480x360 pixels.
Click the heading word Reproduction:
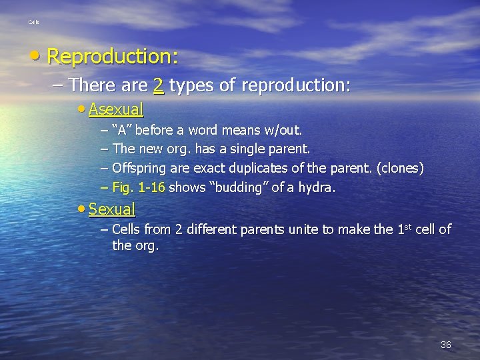point(113,57)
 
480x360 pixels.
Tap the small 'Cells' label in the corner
point(33,23)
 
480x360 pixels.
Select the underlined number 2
point(159,85)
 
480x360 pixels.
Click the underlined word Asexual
point(116,108)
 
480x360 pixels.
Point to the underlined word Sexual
point(112,209)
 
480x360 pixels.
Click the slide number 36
point(445,345)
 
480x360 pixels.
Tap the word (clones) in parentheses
point(400,168)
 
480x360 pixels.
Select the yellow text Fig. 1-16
point(139,188)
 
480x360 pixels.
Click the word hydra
point(319,188)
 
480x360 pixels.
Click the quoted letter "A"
point(123,129)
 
